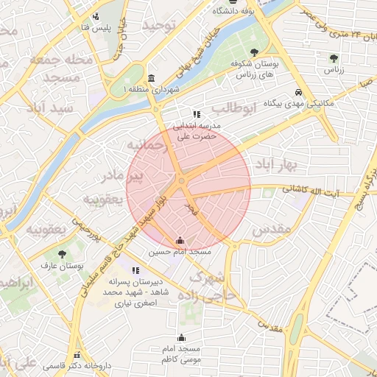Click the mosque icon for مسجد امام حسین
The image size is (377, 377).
[x=180, y=240]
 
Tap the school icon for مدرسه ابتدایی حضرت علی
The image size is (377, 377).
[x=196, y=114]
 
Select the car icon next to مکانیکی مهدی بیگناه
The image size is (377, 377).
[x=297, y=93]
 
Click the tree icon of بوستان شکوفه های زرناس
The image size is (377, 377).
[x=254, y=52]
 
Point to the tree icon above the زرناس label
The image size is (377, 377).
[x=334, y=57]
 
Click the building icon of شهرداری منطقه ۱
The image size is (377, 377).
[x=151, y=79]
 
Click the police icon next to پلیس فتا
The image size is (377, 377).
[x=96, y=16]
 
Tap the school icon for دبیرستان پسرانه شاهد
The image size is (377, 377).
[x=135, y=271]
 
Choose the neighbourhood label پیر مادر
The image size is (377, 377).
[x=133, y=176]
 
